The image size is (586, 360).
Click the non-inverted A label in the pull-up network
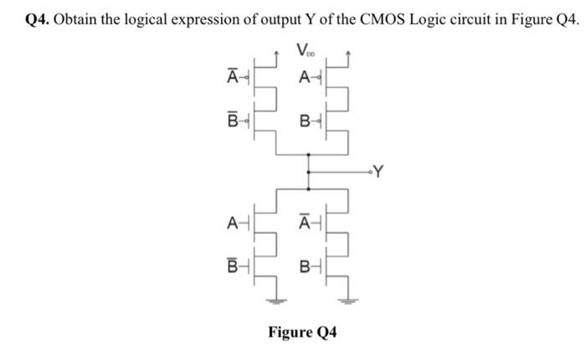coord(306,78)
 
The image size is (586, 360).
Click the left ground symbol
coord(275,301)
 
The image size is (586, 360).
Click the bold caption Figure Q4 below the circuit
coord(302,332)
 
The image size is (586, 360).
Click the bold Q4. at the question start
coord(36,19)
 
